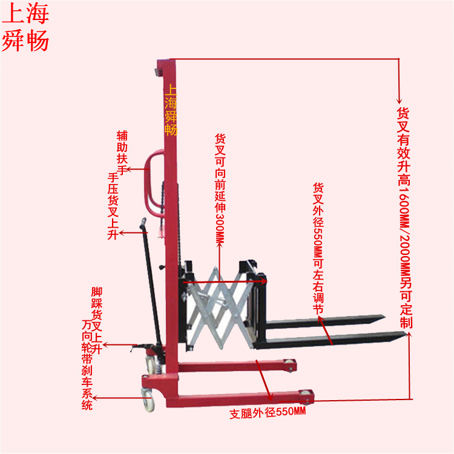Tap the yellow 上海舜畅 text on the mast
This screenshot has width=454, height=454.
[171, 109]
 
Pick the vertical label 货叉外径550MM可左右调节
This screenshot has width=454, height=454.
[318, 248]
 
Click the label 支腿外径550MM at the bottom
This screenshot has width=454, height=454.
[268, 414]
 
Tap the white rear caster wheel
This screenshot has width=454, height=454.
[148, 398]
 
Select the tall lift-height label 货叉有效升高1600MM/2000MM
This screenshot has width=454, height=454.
[404, 218]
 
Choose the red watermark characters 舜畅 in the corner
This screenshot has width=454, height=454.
[25, 41]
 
